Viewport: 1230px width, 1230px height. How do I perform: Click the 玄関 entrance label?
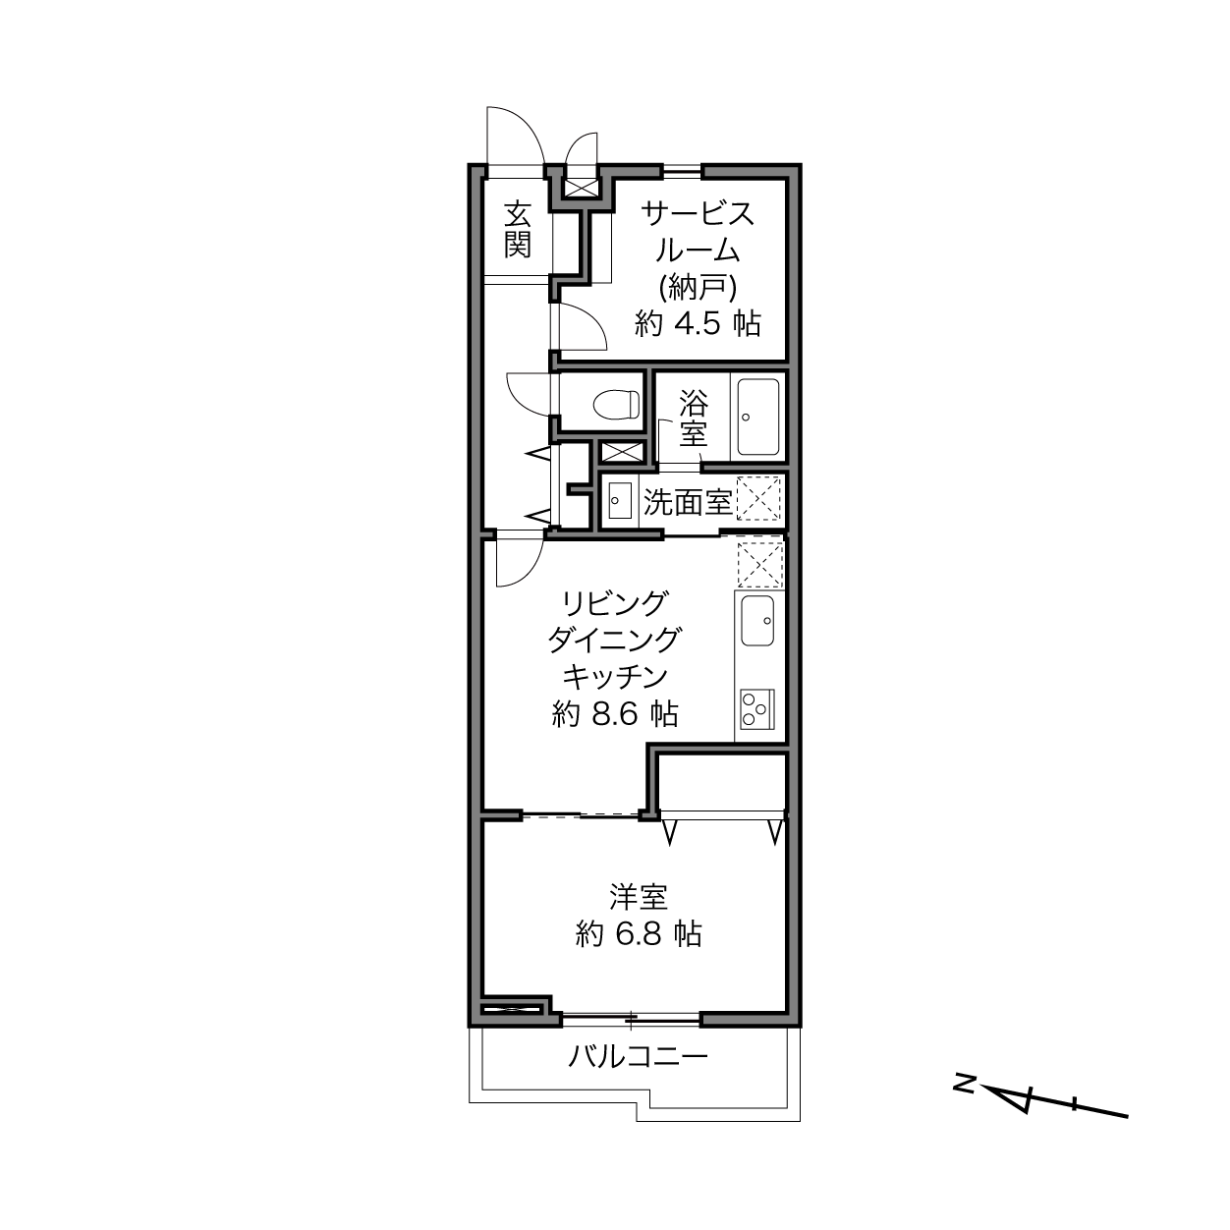(517, 230)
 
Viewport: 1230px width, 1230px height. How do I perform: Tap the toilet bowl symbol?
(617, 403)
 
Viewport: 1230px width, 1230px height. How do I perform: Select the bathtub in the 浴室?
(757, 417)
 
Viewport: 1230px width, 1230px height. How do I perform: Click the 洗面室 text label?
(687, 502)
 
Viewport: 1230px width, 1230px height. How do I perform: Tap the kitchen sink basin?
(757, 621)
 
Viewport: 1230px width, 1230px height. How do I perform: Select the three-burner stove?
(757, 709)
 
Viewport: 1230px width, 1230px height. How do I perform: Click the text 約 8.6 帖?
(615, 713)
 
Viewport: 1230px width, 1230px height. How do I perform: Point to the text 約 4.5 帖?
(698, 324)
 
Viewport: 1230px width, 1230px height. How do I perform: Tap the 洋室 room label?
(639, 897)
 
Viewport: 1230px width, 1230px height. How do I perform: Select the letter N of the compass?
(964, 1084)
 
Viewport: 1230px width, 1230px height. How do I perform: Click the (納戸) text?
(698, 288)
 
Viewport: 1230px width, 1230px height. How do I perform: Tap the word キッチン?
(615, 677)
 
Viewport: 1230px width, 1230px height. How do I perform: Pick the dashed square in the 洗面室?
(759, 498)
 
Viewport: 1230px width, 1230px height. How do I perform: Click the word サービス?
(698, 213)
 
